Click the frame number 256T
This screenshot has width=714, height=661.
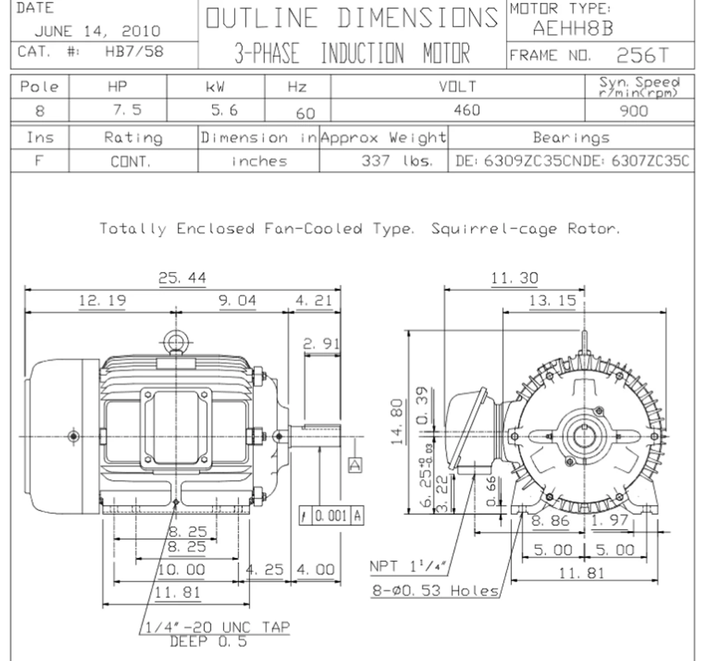point(642,55)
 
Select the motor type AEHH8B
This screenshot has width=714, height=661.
point(573,28)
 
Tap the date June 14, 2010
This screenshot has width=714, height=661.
point(98,31)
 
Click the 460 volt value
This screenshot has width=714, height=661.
point(467,110)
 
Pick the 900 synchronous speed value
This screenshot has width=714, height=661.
point(634,111)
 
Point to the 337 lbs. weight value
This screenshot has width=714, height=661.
point(397,161)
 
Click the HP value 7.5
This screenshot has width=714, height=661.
point(127,110)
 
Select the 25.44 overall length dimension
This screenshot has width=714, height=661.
point(182,278)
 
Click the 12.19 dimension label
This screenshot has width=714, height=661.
point(103,300)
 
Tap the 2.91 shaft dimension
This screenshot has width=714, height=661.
point(321,344)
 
